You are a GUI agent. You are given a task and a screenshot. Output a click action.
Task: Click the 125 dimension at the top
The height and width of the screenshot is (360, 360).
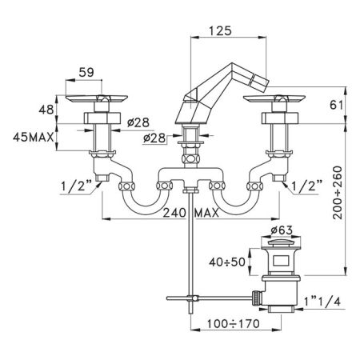click(220, 30)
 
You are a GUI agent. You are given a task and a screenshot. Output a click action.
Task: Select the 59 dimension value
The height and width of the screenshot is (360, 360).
click(86, 72)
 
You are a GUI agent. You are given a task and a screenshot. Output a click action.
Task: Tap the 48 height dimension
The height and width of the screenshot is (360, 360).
click(46, 110)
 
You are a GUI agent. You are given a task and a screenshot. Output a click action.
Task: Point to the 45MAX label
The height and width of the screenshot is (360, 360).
click(34, 138)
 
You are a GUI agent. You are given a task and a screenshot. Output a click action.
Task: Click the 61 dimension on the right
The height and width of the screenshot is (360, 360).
click(337, 105)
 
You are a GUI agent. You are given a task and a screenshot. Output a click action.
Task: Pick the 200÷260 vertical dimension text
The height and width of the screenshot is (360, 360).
click(338, 193)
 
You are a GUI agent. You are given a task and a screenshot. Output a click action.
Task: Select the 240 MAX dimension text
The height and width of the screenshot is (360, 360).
click(190, 213)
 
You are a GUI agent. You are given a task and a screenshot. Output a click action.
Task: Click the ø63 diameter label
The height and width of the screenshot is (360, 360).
click(282, 230)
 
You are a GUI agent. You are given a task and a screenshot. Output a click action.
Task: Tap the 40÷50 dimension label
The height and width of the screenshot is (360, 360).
click(227, 262)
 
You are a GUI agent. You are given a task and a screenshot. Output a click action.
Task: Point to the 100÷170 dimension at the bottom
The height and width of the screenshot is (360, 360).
click(234, 324)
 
